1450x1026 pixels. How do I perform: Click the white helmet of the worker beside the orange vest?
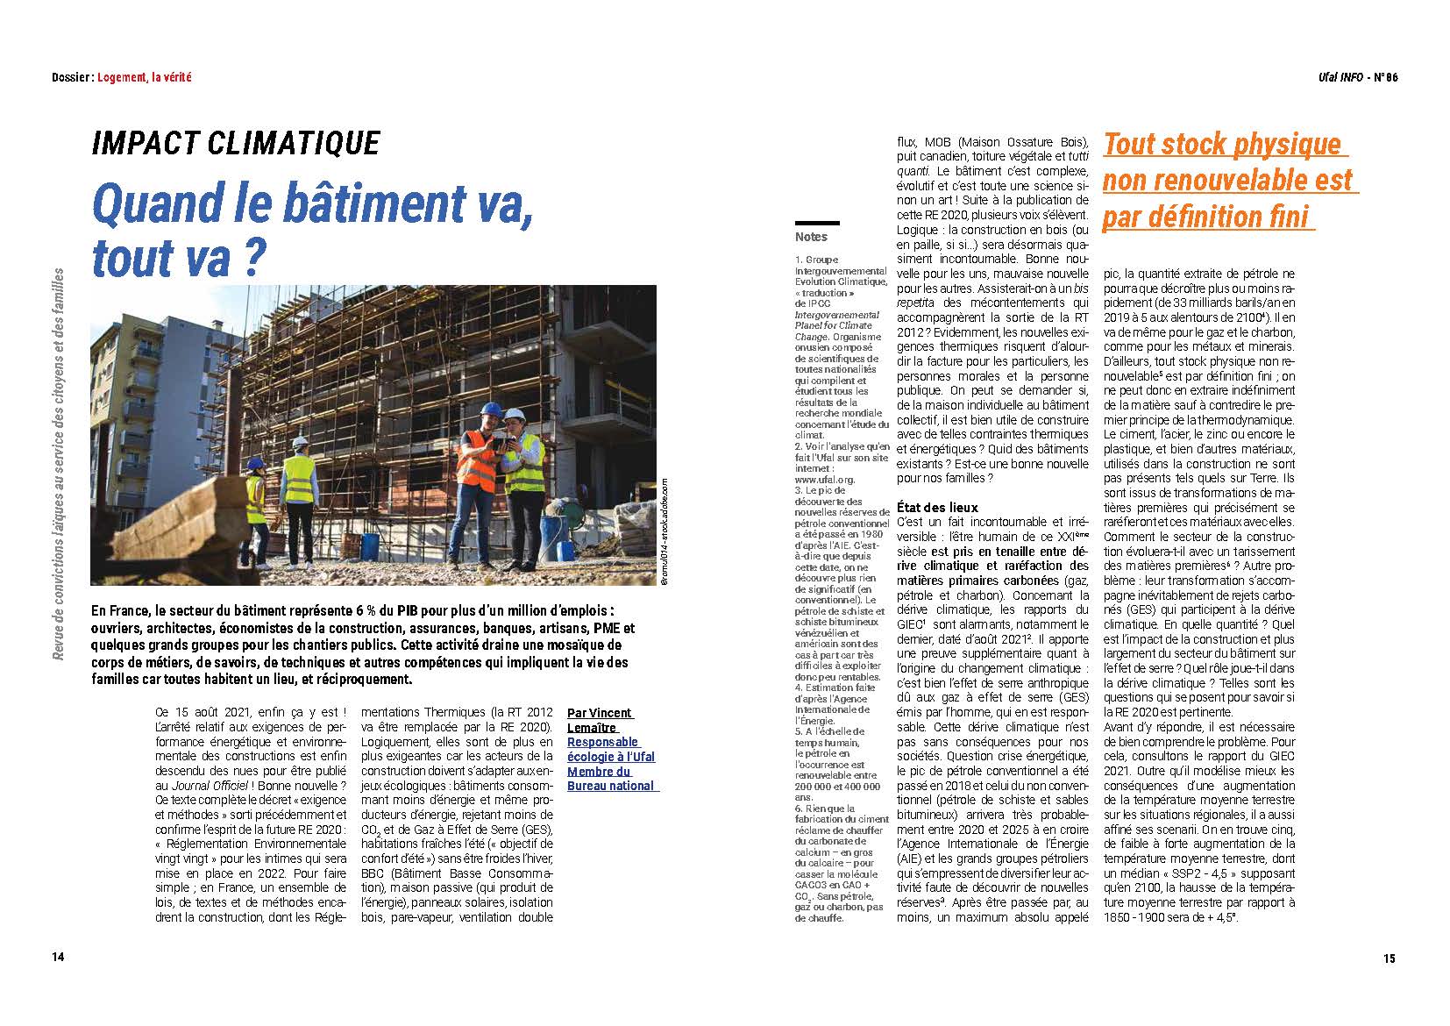[517, 414]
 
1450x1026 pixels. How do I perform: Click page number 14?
[57, 957]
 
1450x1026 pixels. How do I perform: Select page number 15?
[1390, 958]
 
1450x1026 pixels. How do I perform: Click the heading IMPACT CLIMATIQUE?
[236, 144]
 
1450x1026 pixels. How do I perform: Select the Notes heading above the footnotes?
[811, 237]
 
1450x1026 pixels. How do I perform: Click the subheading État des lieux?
[937, 507]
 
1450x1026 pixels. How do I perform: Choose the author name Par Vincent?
[600, 713]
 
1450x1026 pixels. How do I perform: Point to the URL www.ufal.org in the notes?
[825, 480]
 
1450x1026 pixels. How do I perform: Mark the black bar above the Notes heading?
[817, 223]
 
